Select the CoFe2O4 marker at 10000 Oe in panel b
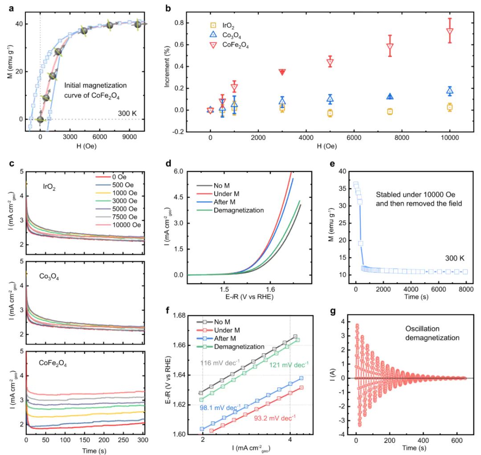pyautogui.click(x=450, y=31)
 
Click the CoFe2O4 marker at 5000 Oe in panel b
pyautogui.click(x=330, y=62)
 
